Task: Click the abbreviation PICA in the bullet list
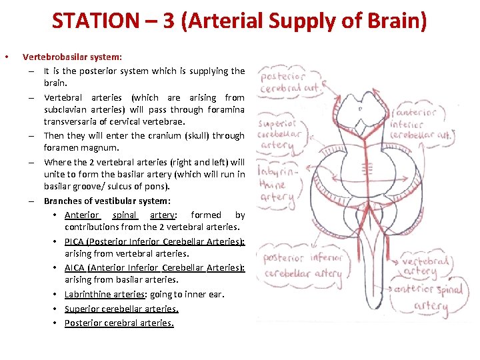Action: coord(75,241)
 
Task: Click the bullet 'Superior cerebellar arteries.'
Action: coord(121,309)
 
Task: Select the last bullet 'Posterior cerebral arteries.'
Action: coord(119,323)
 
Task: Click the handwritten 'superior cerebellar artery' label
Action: coord(281,133)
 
